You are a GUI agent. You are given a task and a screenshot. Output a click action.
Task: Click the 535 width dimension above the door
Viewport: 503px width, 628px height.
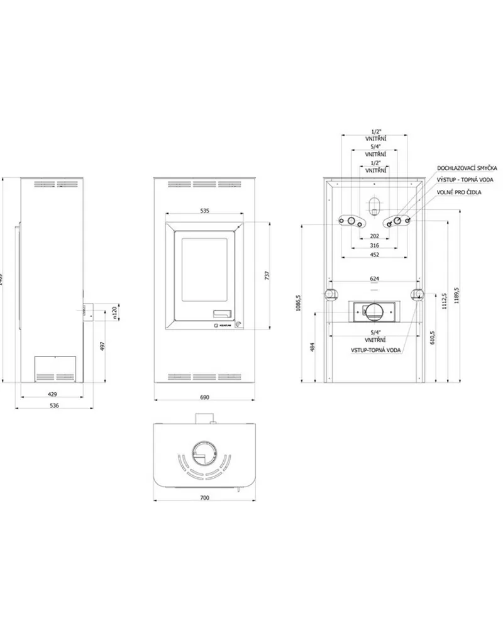point(204,211)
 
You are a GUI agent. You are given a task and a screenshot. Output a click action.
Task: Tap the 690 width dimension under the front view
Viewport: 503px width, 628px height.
point(204,397)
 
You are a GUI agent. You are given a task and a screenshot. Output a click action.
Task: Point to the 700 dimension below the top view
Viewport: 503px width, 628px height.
point(204,497)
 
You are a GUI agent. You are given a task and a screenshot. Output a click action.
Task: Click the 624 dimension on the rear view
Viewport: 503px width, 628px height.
point(375,277)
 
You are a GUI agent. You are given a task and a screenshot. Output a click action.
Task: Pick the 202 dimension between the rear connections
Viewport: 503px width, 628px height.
point(375,236)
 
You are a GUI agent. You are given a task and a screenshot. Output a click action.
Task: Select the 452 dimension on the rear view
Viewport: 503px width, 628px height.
point(375,255)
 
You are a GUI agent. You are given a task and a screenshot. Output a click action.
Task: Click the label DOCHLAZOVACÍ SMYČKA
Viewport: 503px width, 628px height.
point(468,168)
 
